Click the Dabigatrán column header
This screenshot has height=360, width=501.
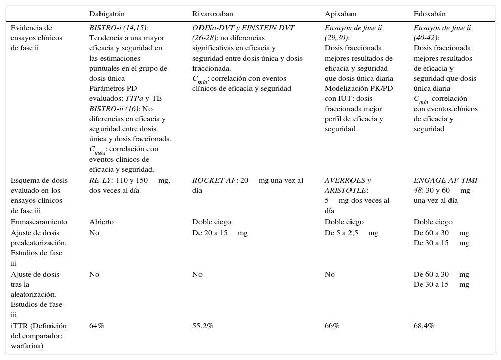coord(108,14)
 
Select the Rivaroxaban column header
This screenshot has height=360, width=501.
coord(213,14)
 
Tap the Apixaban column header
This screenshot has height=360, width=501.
coord(341,14)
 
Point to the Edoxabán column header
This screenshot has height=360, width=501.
coord(429,14)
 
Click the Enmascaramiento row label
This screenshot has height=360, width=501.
coord(39,222)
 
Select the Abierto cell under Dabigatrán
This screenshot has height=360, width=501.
coord(102,222)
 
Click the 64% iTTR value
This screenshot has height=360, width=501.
coord(96,326)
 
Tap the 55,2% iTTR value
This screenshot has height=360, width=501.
coord(203,326)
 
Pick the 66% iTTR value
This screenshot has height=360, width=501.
coord(332,326)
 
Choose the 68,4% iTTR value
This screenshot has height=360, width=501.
coord(424,326)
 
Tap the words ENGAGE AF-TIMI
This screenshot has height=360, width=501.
coord(445,180)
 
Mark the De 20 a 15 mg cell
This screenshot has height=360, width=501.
coord(220,233)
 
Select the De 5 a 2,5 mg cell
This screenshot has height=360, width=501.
coord(351,233)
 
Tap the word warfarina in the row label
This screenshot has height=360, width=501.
coord(27,346)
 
